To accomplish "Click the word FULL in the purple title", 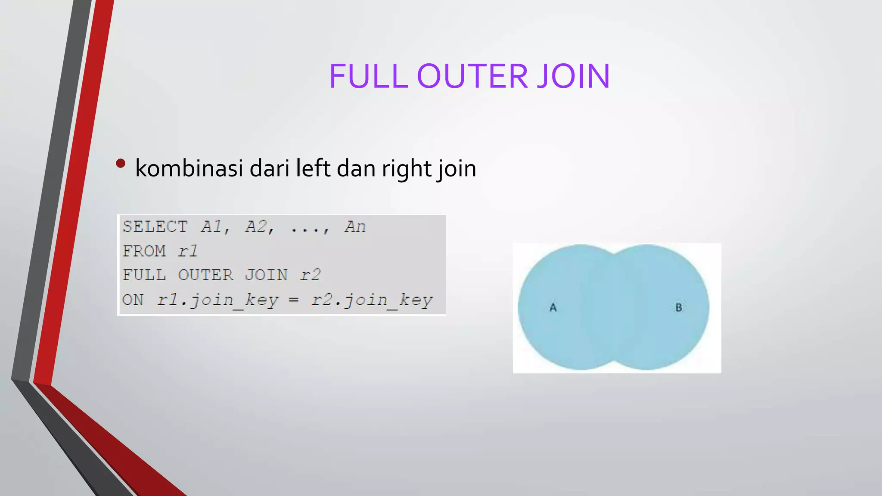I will [369, 76].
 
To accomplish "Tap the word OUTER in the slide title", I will [472, 76].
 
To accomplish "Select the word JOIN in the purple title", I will [573, 76].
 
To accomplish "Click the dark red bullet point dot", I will [121, 164].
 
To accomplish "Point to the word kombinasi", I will [189, 168].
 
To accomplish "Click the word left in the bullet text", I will [313, 168].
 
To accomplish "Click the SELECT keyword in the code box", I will [155, 226].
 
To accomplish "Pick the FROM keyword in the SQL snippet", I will [144, 251].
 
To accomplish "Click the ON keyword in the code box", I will [133, 300].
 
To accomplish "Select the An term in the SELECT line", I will [355, 226].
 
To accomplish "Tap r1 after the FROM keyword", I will [188, 251].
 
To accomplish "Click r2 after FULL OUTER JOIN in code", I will [311, 275].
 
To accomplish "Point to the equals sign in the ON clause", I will [294, 300].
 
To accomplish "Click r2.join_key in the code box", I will [372, 300].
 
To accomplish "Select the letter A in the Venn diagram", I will [553, 307].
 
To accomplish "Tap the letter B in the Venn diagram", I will [679, 307].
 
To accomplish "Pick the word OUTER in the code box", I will [205, 275].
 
